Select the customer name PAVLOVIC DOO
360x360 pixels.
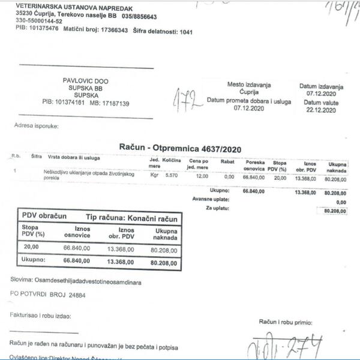coord(86,80)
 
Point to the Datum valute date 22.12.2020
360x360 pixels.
coord(322,110)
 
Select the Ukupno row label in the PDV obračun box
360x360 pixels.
coord(34,260)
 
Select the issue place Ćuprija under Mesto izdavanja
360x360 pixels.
coord(249,93)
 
